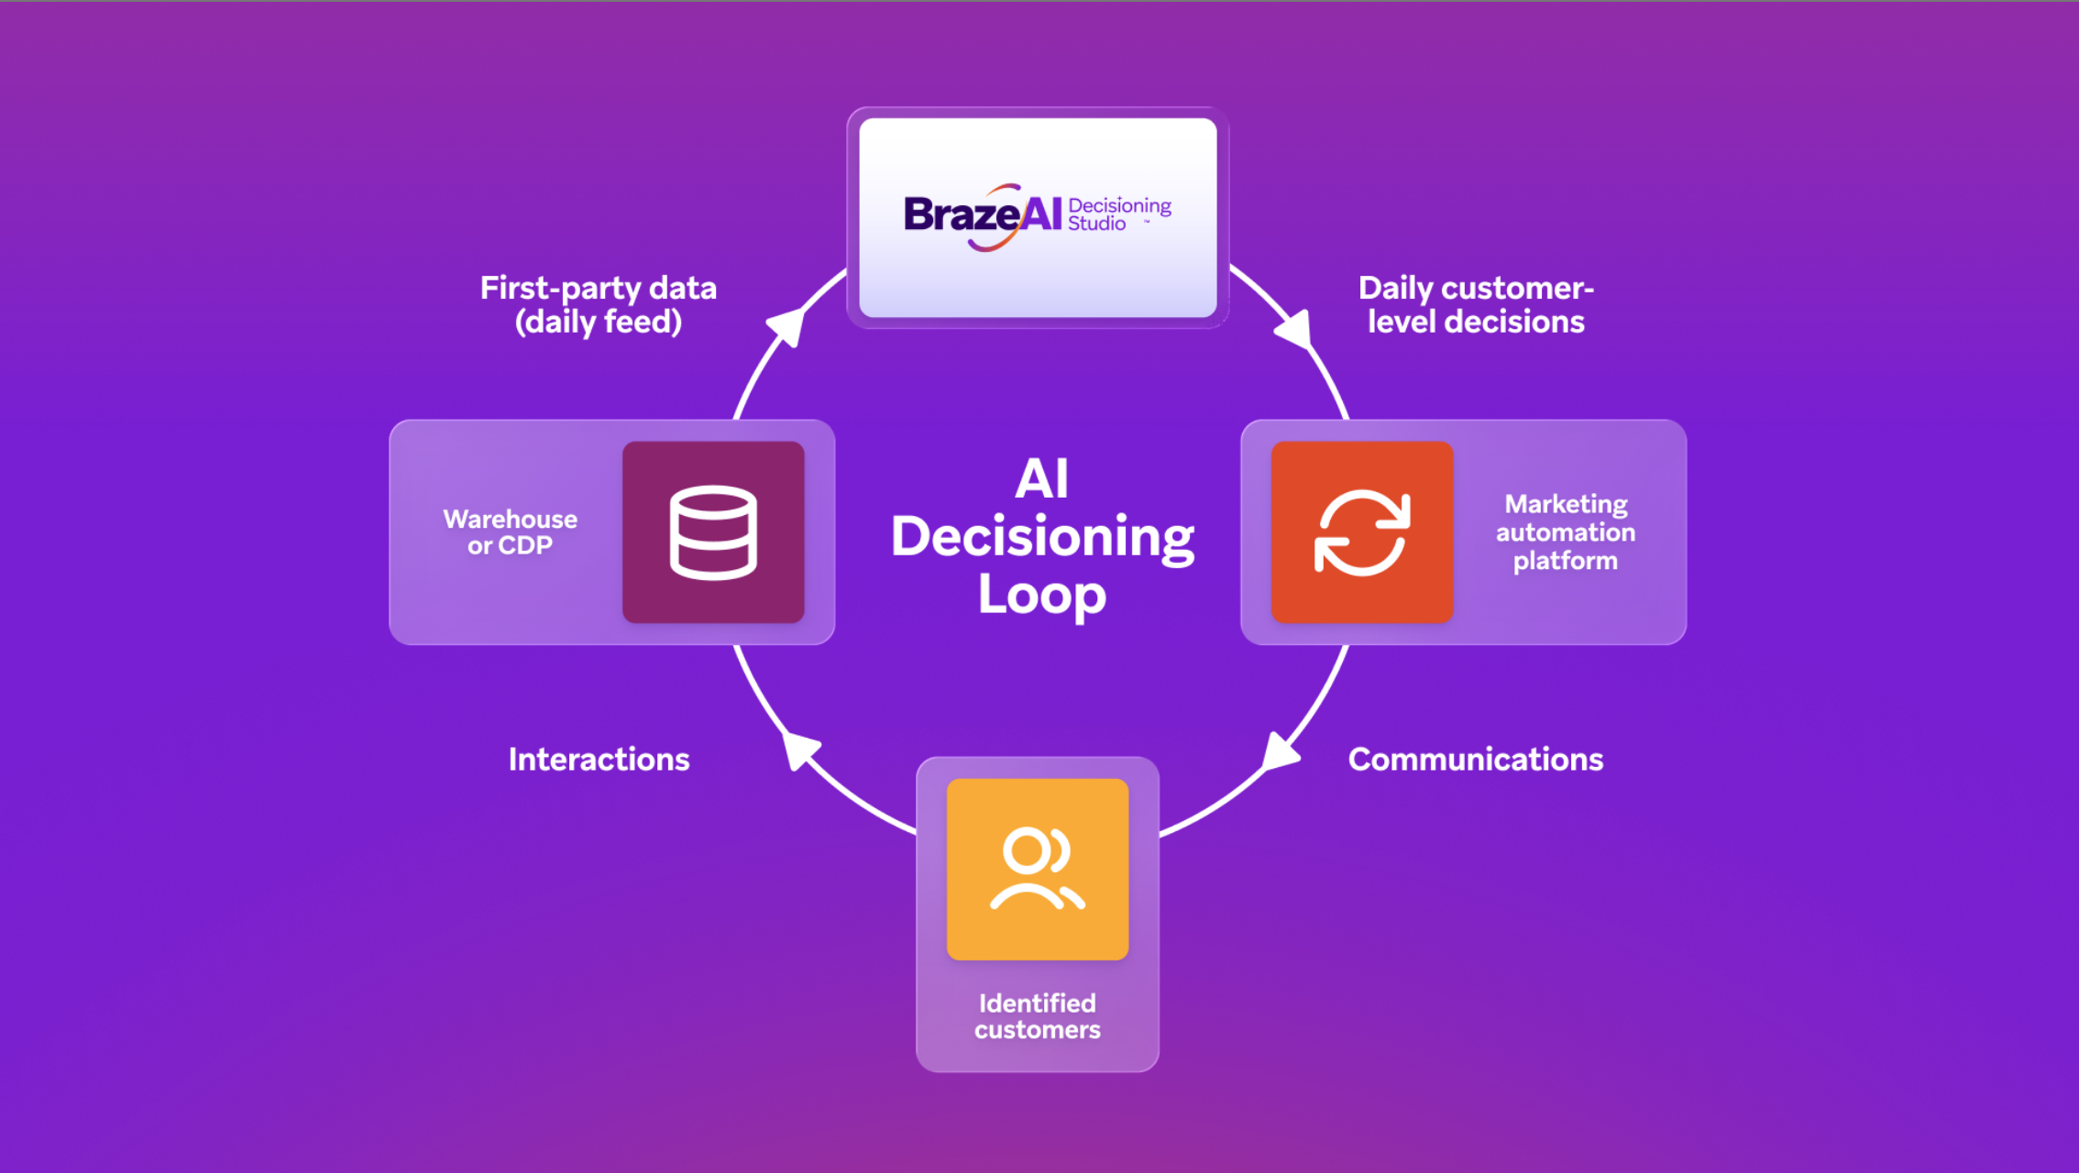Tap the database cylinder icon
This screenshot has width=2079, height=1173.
coord(713,532)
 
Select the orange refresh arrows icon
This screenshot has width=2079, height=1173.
coord(1362,532)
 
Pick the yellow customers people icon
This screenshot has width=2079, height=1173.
coord(1037,869)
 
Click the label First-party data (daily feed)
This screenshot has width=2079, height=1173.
coord(598,305)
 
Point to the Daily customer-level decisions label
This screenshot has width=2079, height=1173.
coord(1476,305)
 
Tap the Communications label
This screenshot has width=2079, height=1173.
coord(1475,759)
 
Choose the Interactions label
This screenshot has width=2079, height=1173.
coord(599,759)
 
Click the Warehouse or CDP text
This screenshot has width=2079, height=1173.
coord(510,532)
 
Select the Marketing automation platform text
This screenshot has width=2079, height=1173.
coord(1565,532)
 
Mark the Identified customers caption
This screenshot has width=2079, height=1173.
coord(1037,1016)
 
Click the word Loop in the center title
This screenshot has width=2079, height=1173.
coord(1041,595)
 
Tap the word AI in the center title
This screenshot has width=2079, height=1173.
coord(1041,478)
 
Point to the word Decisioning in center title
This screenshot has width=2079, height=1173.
coord(1041,537)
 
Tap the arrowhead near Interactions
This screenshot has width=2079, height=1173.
coord(800,751)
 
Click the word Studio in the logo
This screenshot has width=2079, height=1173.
coord(1096,224)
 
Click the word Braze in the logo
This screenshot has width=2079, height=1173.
coord(961,214)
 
